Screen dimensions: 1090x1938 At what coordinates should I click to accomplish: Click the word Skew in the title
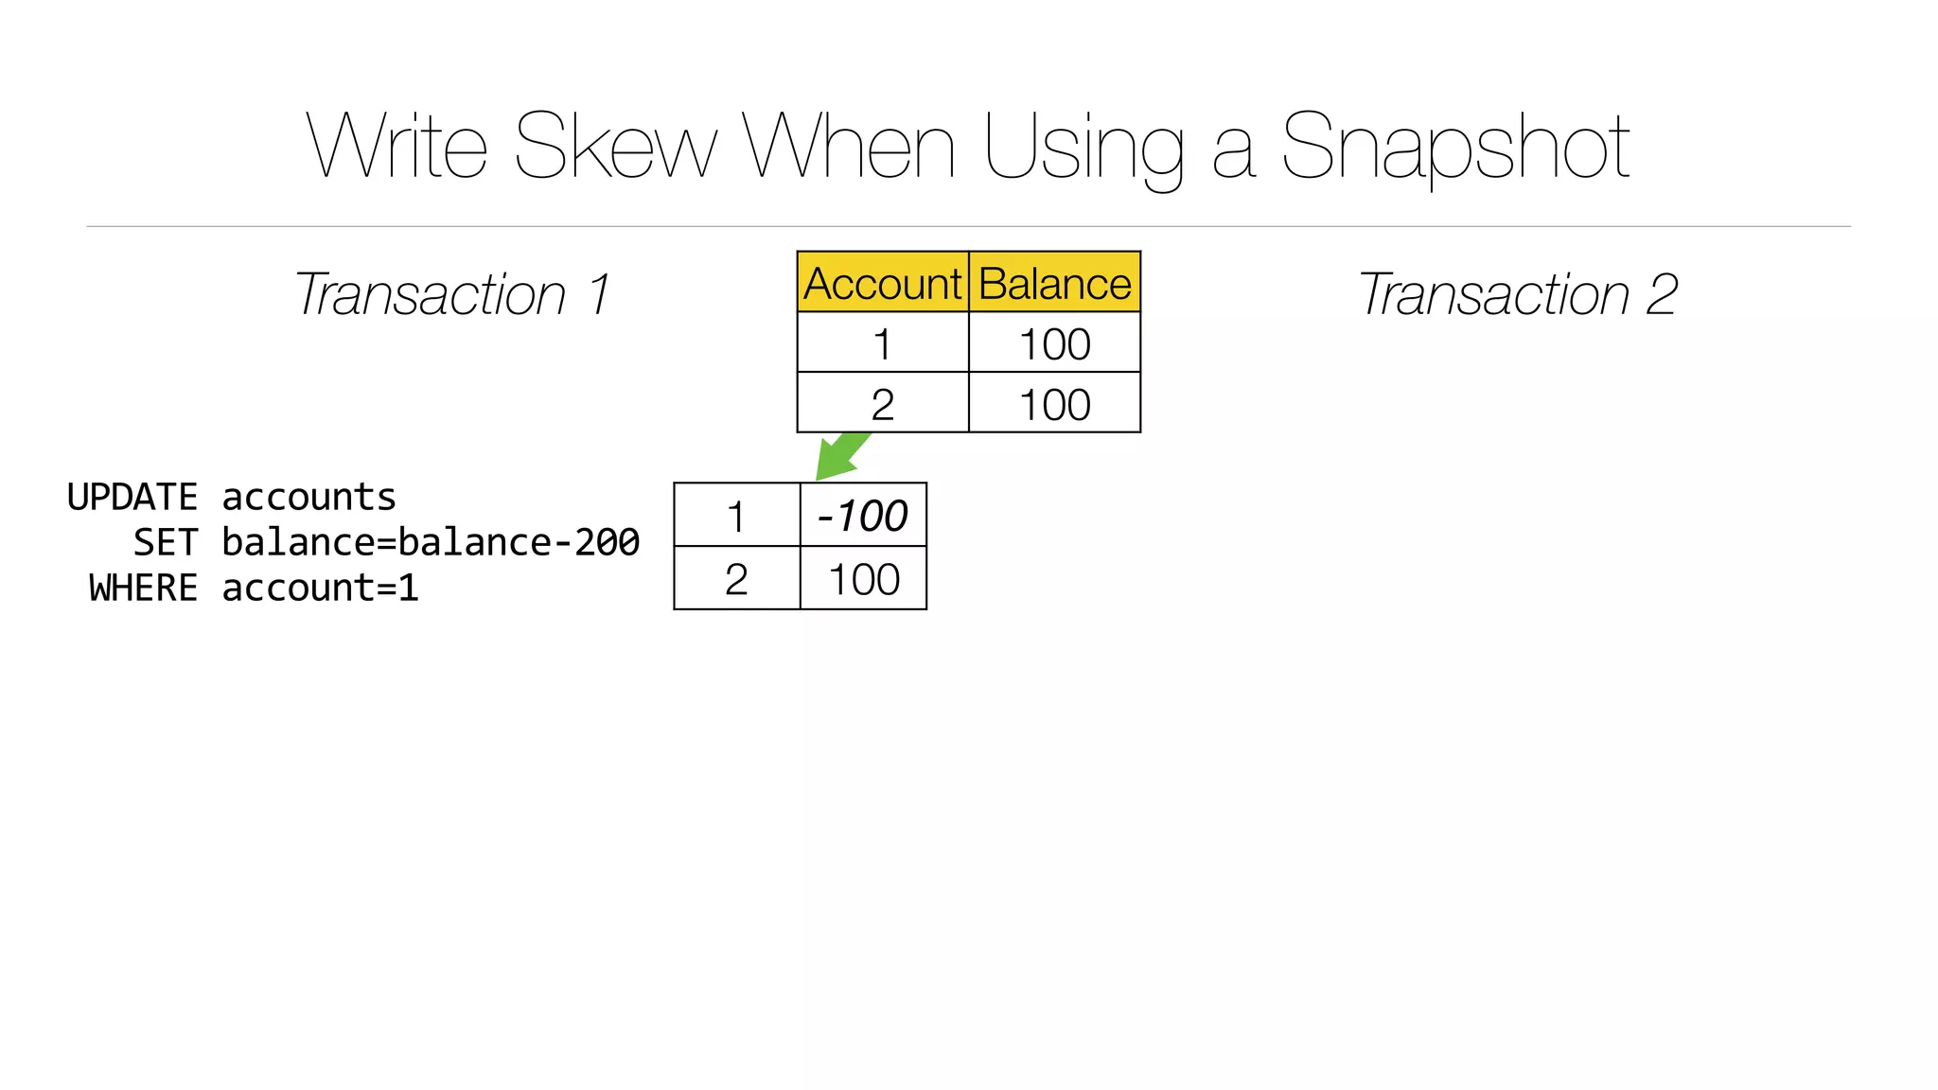click(x=616, y=147)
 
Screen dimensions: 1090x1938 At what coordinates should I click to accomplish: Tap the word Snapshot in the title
click(x=1454, y=147)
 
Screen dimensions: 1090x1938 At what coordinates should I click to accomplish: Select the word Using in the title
click(x=1084, y=147)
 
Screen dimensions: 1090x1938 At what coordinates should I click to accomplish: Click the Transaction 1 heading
click(x=452, y=294)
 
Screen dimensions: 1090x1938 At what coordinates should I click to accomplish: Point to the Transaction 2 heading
click(x=1518, y=294)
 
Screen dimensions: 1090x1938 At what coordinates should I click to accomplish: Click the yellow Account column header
click(x=882, y=283)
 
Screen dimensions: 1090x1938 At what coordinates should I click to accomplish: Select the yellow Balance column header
click(x=1054, y=283)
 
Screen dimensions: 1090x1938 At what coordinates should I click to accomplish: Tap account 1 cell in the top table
click(x=882, y=343)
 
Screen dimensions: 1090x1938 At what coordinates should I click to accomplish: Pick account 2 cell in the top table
click(x=882, y=404)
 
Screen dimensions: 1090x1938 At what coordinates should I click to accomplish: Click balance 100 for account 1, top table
click(x=1054, y=343)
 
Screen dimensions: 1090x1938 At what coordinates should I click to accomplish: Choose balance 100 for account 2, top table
click(x=1054, y=404)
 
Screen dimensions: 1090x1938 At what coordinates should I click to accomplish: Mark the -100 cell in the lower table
click(x=862, y=516)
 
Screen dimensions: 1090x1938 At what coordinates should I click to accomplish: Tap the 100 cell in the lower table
click(x=863, y=579)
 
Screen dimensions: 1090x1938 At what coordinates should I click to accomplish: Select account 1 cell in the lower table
click(x=736, y=516)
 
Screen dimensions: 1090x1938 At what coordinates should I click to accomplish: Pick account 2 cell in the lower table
click(x=736, y=579)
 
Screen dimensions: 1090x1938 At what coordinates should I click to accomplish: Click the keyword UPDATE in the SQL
click(x=132, y=497)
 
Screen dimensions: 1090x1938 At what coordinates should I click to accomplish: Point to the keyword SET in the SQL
click(x=166, y=542)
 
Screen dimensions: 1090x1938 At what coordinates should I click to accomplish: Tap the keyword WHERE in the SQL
click(x=143, y=588)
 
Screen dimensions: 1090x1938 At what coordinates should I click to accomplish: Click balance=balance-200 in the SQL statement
click(x=431, y=542)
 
